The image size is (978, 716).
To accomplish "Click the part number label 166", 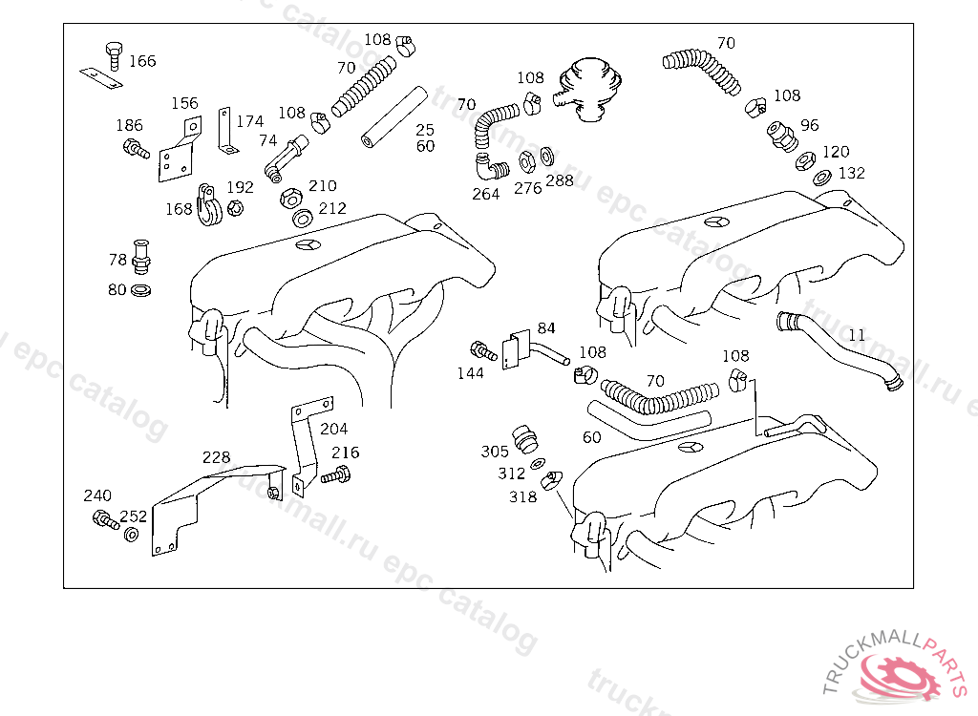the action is pyautogui.click(x=142, y=61).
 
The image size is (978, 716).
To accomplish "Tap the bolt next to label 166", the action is pyautogui.click(x=115, y=55).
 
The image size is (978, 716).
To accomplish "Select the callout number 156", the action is pyautogui.click(x=184, y=103).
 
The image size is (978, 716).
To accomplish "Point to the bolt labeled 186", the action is pyautogui.click(x=136, y=148).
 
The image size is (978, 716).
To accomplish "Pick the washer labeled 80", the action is pyautogui.click(x=141, y=290).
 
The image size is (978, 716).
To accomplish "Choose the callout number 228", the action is pyautogui.click(x=216, y=457).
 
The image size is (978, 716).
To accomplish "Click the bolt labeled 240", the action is pyautogui.click(x=105, y=519).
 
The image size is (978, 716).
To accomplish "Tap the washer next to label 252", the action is pyautogui.click(x=131, y=534).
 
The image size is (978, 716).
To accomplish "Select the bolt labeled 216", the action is pyautogui.click(x=336, y=475).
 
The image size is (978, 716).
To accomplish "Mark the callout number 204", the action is pyautogui.click(x=333, y=429).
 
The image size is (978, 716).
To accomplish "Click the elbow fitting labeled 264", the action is pyautogui.click(x=491, y=166).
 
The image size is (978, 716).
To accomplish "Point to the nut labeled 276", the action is pyautogui.click(x=527, y=162).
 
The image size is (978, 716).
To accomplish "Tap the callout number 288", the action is pyautogui.click(x=560, y=180).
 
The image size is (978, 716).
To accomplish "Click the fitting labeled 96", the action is pyautogui.click(x=782, y=137).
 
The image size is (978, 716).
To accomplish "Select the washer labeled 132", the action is pyautogui.click(x=822, y=178).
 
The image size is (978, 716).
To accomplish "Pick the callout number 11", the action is pyautogui.click(x=857, y=335).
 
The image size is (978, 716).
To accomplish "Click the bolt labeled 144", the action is pyautogui.click(x=483, y=351).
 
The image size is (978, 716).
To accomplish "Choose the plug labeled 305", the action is pyautogui.click(x=525, y=439).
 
